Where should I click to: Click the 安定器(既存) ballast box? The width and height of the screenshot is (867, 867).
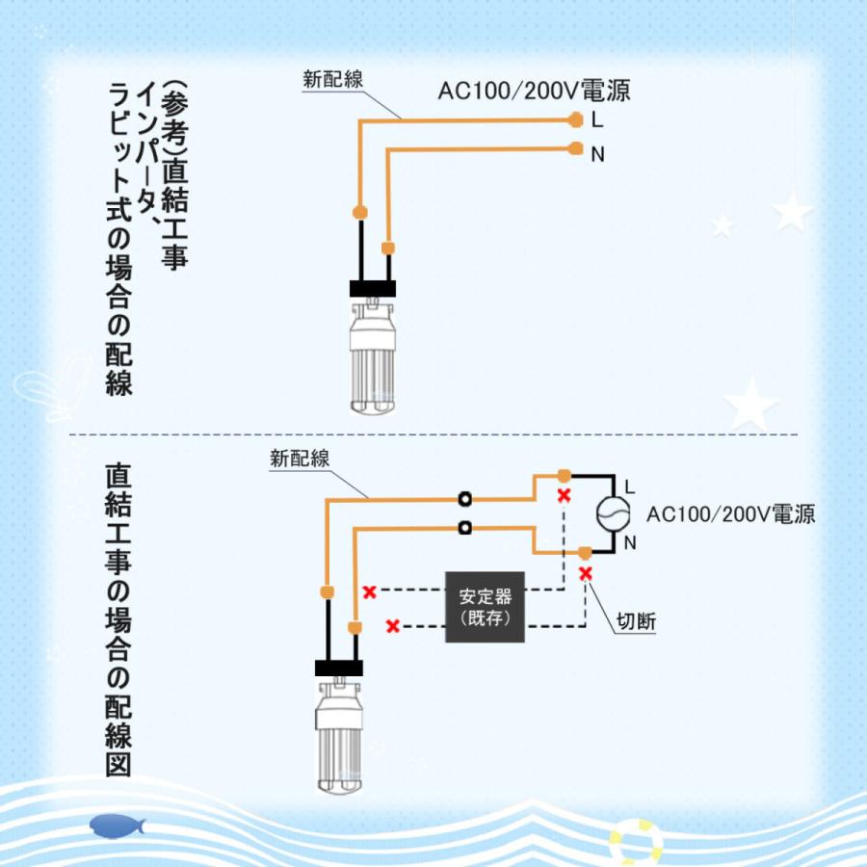pos(485,608)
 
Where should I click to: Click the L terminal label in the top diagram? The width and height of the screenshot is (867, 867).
pos(598,120)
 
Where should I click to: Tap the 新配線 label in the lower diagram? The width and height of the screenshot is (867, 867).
pos(301,460)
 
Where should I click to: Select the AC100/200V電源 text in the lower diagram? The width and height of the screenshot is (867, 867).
pos(731,514)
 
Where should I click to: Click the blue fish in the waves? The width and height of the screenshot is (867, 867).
pos(116,825)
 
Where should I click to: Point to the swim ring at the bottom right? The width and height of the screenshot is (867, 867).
pos(636,840)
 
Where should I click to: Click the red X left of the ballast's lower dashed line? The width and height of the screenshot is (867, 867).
pos(393,626)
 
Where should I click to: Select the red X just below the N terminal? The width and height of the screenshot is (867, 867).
pos(585,573)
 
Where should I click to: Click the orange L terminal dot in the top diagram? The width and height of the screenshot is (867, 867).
pos(575,119)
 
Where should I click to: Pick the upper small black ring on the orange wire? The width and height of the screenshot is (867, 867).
pos(466,499)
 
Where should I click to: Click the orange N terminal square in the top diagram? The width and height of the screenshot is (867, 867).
pos(575,148)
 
